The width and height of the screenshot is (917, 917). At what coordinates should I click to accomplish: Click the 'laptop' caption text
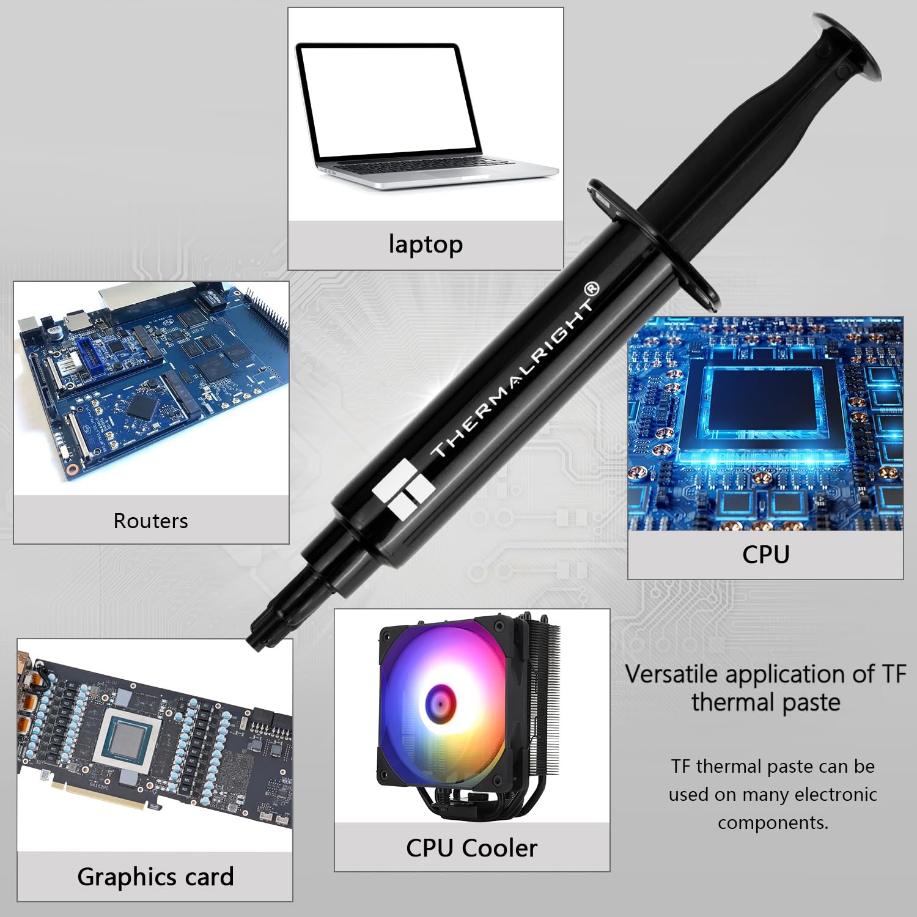tap(425, 245)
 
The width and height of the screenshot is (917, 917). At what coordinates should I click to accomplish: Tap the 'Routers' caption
tap(150, 521)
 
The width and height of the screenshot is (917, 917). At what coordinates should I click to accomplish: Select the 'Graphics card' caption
tap(155, 877)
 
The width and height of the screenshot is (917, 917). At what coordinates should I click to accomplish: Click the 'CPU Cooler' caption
tap(471, 848)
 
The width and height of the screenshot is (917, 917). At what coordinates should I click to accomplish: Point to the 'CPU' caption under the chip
tap(765, 554)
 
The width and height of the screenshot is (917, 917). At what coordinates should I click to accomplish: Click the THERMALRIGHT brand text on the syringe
tap(514, 373)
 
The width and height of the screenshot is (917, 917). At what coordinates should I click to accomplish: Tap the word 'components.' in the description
tap(773, 823)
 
